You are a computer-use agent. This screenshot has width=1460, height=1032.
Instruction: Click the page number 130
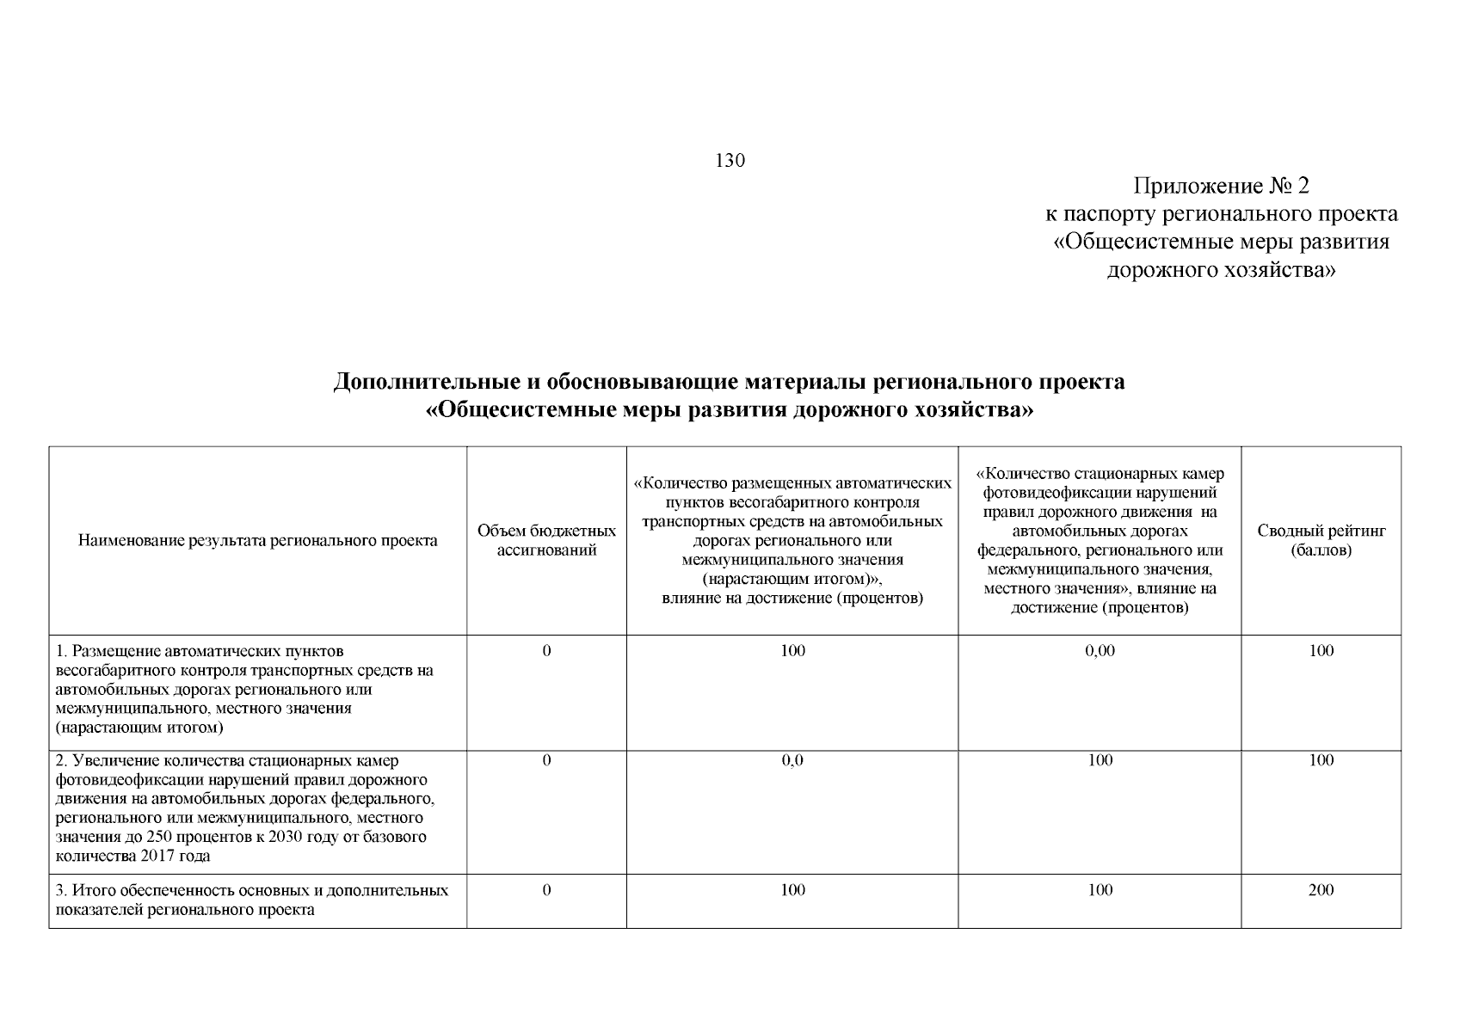click(x=730, y=161)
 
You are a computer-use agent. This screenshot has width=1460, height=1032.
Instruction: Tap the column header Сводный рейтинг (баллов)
click(x=1321, y=541)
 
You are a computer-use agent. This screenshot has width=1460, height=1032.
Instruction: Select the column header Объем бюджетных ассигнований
click(x=546, y=541)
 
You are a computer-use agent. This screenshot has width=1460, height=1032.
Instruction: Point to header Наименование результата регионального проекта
click(x=257, y=541)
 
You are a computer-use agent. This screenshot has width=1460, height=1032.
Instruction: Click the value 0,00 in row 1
click(x=1100, y=651)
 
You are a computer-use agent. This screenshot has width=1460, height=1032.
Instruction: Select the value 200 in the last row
click(x=1321, y=890)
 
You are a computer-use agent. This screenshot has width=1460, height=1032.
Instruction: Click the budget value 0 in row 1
click(x=546, y=651)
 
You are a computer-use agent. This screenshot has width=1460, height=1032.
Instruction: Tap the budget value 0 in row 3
click(x=546, y=890)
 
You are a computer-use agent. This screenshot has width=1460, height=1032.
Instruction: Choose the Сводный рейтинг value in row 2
click(x=1321, y=761)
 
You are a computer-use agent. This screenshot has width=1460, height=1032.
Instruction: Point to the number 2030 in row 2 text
click(x=286, y=837)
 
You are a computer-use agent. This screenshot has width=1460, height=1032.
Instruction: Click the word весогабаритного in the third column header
click(x=779, y=503)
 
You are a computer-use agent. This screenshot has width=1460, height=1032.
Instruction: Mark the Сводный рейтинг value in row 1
click(x=1321, y=651)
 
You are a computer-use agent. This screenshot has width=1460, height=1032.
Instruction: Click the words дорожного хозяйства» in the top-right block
click(x=1220, y=271)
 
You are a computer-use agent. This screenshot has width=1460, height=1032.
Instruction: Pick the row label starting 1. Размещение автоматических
click(x=200, y=651)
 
